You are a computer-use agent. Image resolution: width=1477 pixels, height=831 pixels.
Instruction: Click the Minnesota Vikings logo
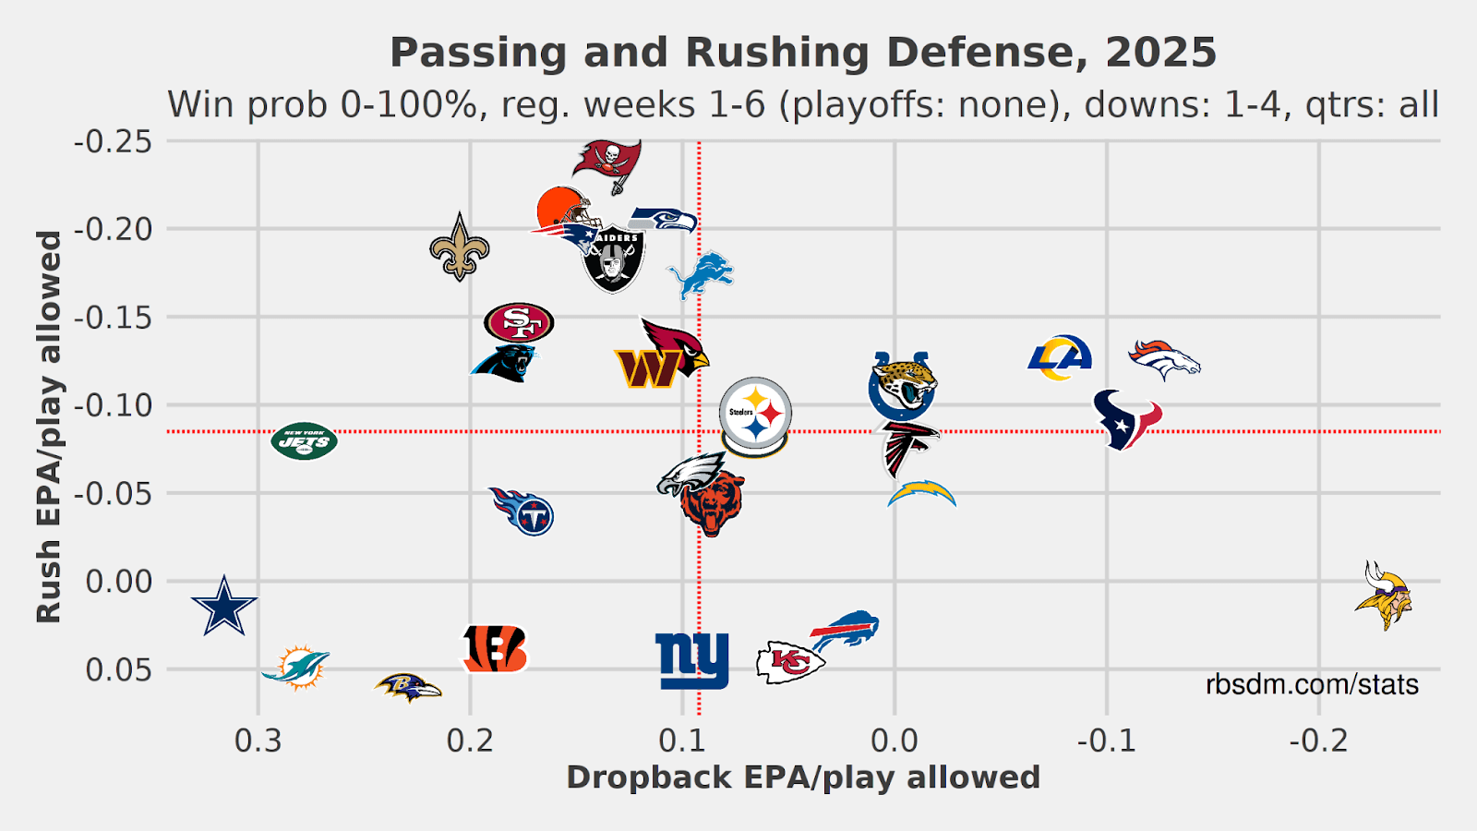click(1384, 596)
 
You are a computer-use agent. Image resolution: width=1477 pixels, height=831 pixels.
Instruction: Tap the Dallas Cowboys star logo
click(224, 606)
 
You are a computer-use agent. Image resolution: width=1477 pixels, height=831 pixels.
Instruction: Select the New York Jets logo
click(305, 441)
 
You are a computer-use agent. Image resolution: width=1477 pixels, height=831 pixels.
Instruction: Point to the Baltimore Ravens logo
click(407, 687)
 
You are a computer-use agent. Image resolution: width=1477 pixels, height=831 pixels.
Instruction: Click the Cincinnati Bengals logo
click(495, 649)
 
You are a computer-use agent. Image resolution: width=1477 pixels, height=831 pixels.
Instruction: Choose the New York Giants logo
click(692, 660)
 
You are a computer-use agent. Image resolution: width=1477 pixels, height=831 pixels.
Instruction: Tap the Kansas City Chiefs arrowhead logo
click(788, 662)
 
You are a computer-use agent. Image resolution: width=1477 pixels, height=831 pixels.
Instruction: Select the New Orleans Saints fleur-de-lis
click(460, 247)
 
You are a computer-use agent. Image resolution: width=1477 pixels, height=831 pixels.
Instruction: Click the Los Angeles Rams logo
click(1060, 358)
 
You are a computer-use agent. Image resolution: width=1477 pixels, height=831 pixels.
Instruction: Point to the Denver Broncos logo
click(1165, 359)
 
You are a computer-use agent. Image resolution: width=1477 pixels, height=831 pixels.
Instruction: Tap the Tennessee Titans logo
click(522, 511)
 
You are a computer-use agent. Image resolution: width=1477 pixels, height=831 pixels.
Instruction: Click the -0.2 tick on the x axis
click(1318, 741)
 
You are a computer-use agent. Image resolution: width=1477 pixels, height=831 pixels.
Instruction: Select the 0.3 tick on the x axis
click(258, 741)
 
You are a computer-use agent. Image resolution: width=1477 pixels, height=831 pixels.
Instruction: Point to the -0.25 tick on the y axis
click(113, 141)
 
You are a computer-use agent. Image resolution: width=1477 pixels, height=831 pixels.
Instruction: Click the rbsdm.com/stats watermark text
click(1312, 684)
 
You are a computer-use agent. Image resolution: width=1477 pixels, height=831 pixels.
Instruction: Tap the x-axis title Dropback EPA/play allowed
click(803, 777)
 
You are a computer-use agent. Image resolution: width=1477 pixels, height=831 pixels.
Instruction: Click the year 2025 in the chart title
click(1161, 53)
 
